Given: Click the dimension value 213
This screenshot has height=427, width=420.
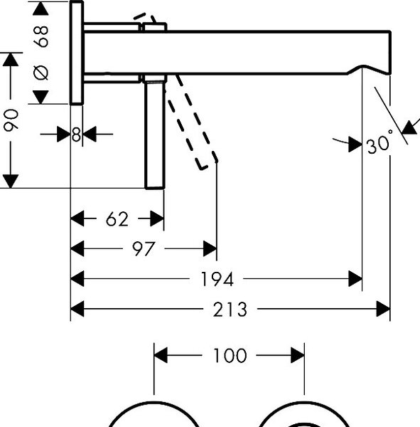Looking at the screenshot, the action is (230, 310).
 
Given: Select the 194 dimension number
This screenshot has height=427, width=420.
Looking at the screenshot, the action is (217, 279).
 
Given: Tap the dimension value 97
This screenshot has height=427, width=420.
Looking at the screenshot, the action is (144, 248).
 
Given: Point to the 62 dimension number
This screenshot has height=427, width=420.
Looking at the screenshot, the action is (117, 218).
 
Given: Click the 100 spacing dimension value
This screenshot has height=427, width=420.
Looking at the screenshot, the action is (230, 355).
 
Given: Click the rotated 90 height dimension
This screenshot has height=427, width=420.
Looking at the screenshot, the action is (11, 120).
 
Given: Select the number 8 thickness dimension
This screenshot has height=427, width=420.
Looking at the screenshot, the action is (77, 135).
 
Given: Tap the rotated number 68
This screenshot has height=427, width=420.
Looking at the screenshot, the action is (41, 36).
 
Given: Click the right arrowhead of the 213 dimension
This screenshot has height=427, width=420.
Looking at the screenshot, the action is (383, 309).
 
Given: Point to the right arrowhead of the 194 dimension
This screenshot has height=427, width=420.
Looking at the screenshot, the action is (355, 279).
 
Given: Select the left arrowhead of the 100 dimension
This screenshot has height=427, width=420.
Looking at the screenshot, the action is (161, 355).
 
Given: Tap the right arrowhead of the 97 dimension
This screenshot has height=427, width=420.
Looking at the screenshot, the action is (210, 248).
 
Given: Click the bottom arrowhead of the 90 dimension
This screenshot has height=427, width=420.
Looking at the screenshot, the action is (11, 181).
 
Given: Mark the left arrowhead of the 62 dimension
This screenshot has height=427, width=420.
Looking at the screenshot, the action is (77, 218).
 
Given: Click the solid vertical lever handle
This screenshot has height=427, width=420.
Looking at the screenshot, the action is (155, 135).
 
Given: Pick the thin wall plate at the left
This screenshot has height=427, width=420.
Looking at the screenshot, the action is (77, 53).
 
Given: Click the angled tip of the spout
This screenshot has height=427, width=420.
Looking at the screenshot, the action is (389, 73).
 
